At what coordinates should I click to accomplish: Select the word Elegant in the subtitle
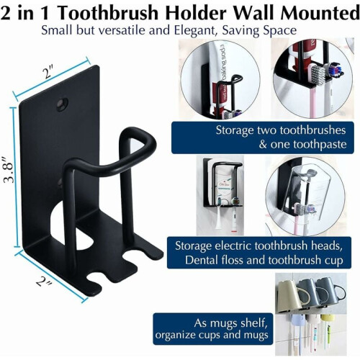195,31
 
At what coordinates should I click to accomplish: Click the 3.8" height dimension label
9,170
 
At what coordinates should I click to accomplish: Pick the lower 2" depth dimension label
44,280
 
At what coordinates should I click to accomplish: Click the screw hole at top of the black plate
63,104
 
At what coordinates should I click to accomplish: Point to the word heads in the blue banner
327,246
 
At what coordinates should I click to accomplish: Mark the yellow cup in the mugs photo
328,318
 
